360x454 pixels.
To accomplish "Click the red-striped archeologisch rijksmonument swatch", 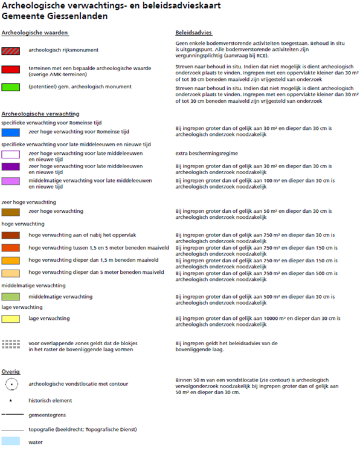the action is pyautogui.click(x=11, y=50).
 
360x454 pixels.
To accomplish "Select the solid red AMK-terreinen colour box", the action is pyautogui.click(x=11, y=70).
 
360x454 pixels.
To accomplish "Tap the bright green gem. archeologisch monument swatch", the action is pyautogui.click(x=11, y=87).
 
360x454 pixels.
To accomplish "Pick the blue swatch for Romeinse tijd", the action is pyautogui.click(x=11, y=132).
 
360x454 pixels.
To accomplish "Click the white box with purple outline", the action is pyautogui.click(x=11, y=155).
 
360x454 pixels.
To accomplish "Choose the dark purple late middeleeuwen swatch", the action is pyautogui.click(x=11, y=167).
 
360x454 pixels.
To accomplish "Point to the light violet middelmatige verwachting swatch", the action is pyautogui.click(x=11, y=181).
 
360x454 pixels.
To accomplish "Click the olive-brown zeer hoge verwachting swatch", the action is pyautogui.click(x=11, y=212).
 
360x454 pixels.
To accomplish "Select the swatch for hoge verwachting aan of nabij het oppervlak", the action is pyautogui.click(x=11, y=235).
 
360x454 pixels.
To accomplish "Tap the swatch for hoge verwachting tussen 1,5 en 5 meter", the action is pyautogui.click(x=11, y=248).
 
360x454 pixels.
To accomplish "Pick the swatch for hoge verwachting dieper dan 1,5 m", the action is pyautogui.click(x=11, y=261).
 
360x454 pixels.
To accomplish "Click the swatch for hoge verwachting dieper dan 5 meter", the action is pyautogui.click(x=11, y=273).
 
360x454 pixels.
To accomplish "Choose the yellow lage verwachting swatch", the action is pyautogui.click(x=11, y=319).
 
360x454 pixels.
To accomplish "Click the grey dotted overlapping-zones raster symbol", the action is pyautogui.click(x=11, y=344).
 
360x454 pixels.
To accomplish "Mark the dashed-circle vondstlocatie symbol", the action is pyautogui.click(x=11, y=383).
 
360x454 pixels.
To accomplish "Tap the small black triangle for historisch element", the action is pyautogui.click(x=11, y=400).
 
